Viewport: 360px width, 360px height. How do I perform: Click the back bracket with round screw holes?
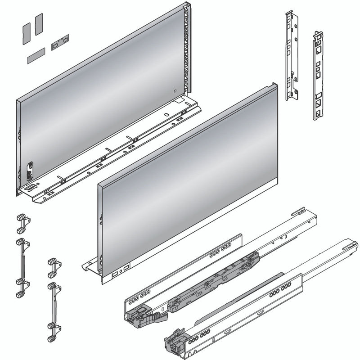click(292, 57)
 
